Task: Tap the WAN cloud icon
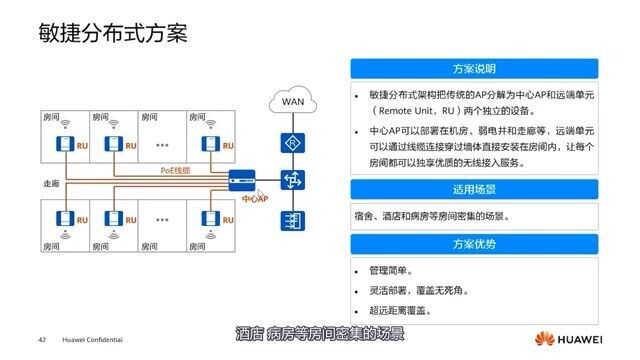(293, 102)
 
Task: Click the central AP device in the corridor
(242, 182)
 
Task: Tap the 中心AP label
(255, 199)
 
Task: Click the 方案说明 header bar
(474, 70)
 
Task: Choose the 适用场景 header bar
(474, 189)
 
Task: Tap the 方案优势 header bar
(474, 245)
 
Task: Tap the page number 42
(42, 338)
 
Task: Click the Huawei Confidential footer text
(92, 338)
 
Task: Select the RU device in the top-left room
(65, 147)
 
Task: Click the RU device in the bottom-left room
(65, 219)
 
